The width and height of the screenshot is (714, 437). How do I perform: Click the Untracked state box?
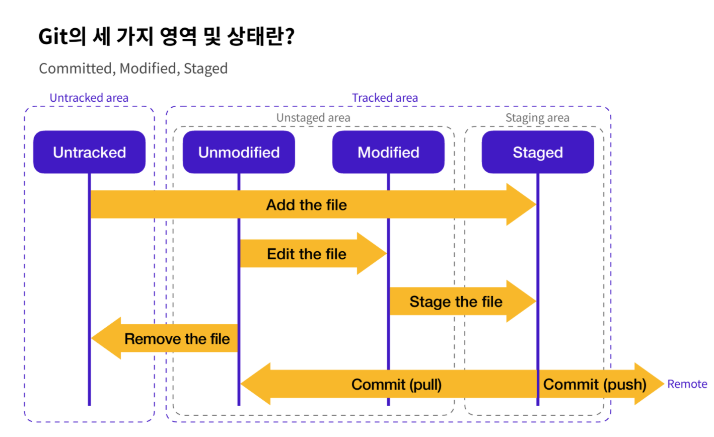(89, 152)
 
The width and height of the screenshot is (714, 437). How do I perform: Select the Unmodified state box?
(239, 152)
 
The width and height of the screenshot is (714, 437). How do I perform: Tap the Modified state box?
(388, 152)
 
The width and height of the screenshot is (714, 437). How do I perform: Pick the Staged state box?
(538, 152)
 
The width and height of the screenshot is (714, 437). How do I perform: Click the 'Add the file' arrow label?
(306, 204)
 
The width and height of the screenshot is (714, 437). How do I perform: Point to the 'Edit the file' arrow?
(313, 254)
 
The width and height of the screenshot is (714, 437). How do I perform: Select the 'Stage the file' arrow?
(463, 301)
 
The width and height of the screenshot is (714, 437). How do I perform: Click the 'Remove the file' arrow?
(164, 338)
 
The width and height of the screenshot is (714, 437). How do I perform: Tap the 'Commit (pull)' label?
(396, 385)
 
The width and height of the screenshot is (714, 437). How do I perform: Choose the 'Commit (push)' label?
(595, 385)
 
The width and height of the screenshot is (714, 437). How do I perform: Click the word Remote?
(687, 384)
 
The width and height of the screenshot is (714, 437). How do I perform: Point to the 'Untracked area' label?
(89, 98)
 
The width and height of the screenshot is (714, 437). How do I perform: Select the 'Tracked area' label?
(385, 98)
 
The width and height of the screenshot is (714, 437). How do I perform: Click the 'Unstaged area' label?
(313, 118)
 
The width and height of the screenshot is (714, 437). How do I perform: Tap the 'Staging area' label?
(537, 118)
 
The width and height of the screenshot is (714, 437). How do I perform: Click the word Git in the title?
(53, 36)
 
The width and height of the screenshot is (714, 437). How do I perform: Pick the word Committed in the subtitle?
(75, 68)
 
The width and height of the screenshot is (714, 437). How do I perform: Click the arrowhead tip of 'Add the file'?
(536, 204)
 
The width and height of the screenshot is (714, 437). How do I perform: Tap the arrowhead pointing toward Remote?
(664, 384)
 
